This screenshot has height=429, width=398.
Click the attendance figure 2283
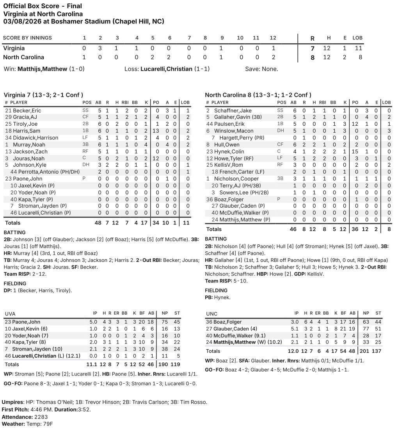[37, 417]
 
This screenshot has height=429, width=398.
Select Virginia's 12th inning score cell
[273, 48]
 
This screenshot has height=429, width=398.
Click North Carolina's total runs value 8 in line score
[312, 57]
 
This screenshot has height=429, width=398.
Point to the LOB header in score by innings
[357, 38]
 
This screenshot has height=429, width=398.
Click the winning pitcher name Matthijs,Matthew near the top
[42, 69]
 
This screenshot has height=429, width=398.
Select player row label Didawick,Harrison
[37, 138]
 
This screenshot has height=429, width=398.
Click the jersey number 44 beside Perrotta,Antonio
[14, 172]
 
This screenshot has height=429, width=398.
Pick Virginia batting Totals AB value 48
[98, 223]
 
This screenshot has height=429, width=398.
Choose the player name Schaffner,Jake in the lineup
[233, 110]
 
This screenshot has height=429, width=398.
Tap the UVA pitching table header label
[10, 313]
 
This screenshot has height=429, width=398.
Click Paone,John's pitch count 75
[165, 322]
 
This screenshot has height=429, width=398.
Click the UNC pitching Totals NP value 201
[365, 351]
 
